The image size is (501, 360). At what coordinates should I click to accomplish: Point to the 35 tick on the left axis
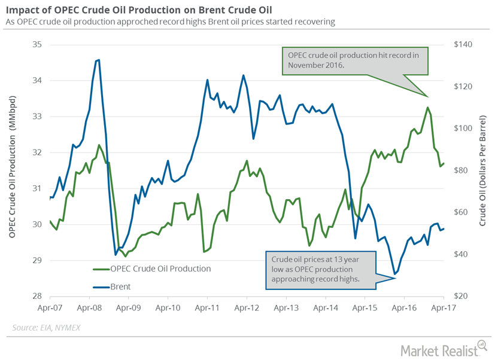37,45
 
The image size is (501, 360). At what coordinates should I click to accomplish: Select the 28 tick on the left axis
37,296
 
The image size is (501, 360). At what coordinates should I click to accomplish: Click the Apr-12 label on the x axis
247,309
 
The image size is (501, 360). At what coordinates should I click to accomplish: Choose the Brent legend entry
120,286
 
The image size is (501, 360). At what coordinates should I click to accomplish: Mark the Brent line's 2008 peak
98,60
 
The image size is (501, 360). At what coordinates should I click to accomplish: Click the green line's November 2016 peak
427,108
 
